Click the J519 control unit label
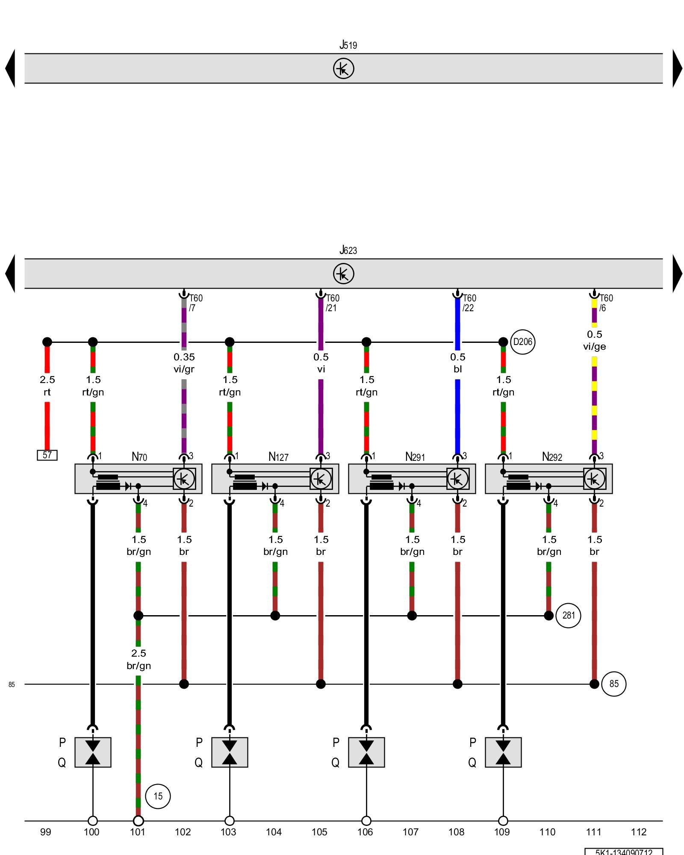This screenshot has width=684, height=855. [x=348, y=44]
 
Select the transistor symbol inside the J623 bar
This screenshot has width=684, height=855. [x=344, y=274]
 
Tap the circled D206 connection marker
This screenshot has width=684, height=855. [x=522, y=342]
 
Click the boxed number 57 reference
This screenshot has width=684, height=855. [x=47, y=455]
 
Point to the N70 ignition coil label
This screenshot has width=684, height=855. [x=139, y=457]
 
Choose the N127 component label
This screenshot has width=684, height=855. [x=278, y=457]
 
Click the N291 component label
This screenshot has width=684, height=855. [x=415, y=457]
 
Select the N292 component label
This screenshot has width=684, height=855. [x=552, y=457]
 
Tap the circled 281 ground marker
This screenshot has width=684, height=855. [x=568, y=616]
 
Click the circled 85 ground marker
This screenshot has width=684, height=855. [x=613, y=684]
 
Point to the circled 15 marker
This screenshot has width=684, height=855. [x=158, y=796]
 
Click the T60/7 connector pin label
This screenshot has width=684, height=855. [x=195, y=303]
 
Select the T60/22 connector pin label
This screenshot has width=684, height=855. [x=469, y=303]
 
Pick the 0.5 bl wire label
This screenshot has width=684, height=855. [x=457, y=363]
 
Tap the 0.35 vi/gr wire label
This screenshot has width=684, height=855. [x=184, y=363]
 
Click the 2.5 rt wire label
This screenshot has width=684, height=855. [x=47, y=386]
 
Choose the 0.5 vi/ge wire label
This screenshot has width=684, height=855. [x=594, y=340]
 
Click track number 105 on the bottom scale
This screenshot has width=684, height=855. [x=319, y=832]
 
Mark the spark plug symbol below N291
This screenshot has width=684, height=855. [x=366, y=752]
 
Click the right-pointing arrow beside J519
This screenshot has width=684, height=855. [x=678, y=68]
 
